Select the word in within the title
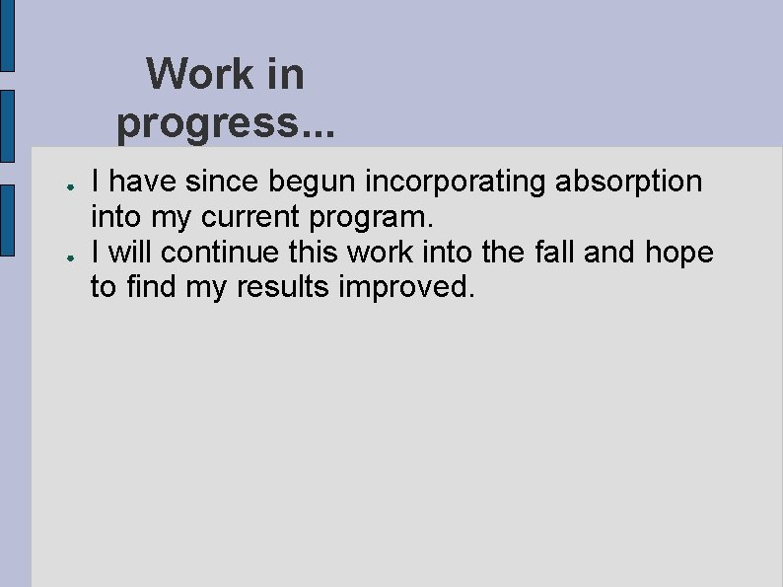(x=283, y=74)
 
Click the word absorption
(x=629, y=182)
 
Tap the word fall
(x=554, y=253)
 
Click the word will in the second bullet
(x=130, y=253)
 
